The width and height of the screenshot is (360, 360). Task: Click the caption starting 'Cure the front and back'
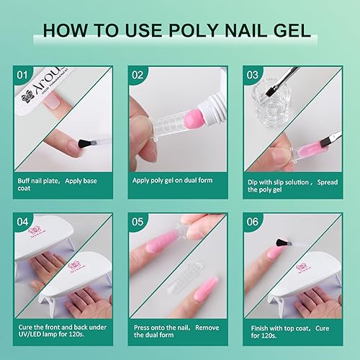pos(58,332)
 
